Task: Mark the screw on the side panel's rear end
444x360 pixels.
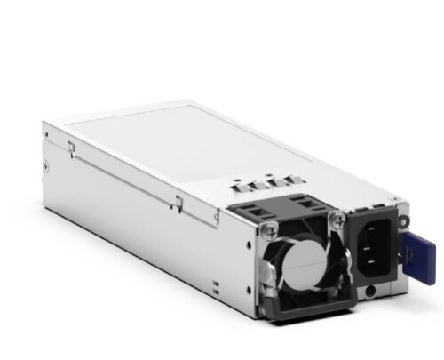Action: (x=46, y=164)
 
